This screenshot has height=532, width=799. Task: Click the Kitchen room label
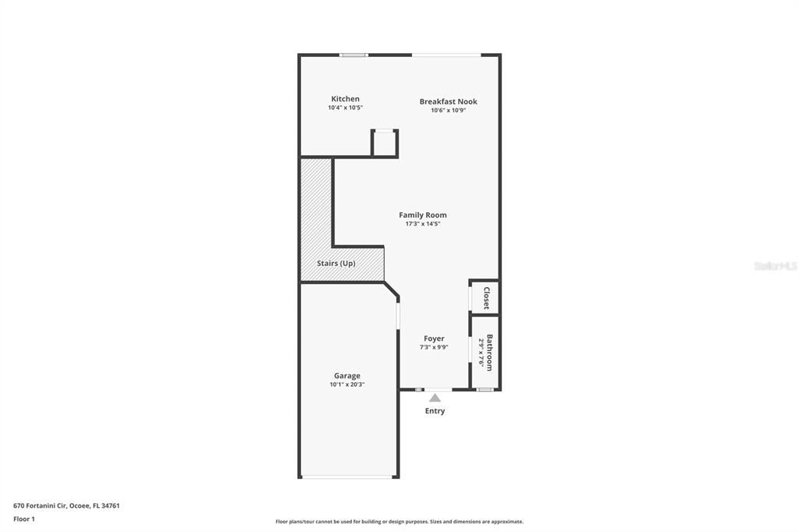click(345, 99)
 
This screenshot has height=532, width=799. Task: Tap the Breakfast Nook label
click(448, 101)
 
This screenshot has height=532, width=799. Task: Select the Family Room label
click(423, 215)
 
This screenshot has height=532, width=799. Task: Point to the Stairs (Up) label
click(336, 264)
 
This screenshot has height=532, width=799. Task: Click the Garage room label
click(347, 376)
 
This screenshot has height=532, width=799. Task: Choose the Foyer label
click(434, 339)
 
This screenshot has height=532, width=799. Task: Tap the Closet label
click(486, 298)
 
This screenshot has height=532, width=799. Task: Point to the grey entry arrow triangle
click(435, 398)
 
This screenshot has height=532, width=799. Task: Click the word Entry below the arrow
click(435, 411)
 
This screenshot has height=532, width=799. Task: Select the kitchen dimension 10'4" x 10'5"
click(345, 108)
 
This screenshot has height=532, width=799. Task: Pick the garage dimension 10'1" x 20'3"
click(347, 385)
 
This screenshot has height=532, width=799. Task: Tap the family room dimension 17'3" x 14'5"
click(423, 224)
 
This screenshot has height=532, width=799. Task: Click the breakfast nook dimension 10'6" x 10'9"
click(448, 110)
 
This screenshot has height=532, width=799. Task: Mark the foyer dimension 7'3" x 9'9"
click(434, 347)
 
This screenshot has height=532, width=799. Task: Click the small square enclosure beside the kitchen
click(384, 144)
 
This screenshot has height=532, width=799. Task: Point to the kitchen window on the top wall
click(353, 55)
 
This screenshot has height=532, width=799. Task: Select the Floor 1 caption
click(24, 519)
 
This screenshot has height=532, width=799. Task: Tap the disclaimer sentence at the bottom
click(399, 522)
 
